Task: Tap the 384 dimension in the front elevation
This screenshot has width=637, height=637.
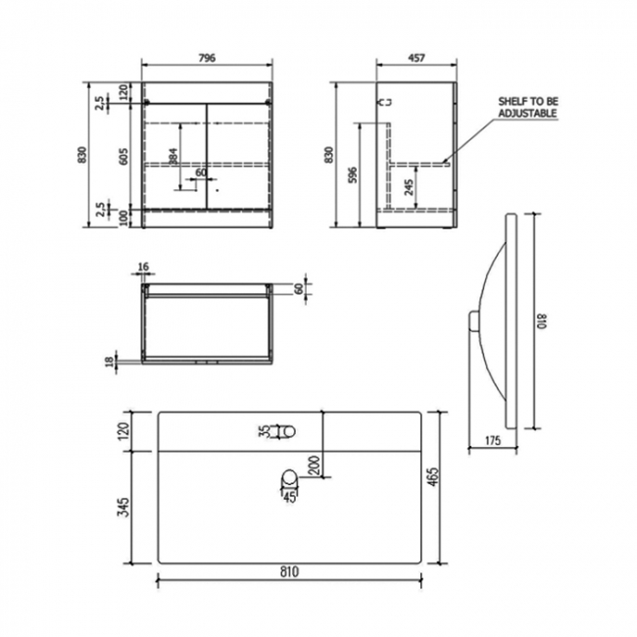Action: [x=172, y=155]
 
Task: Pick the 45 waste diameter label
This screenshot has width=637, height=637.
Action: [x=290, y=496]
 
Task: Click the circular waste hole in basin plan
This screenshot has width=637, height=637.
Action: [x=290, y=478]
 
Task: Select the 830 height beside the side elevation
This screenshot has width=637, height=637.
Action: [x=330, y=155]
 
